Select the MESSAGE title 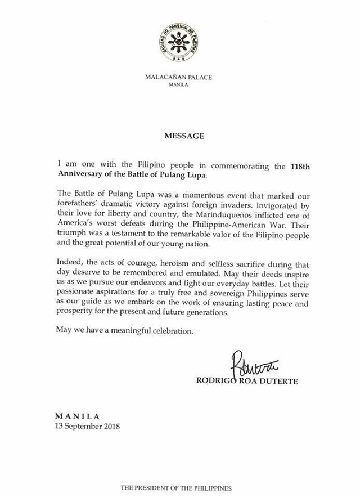[180, 136]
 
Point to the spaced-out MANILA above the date [78, 416]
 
